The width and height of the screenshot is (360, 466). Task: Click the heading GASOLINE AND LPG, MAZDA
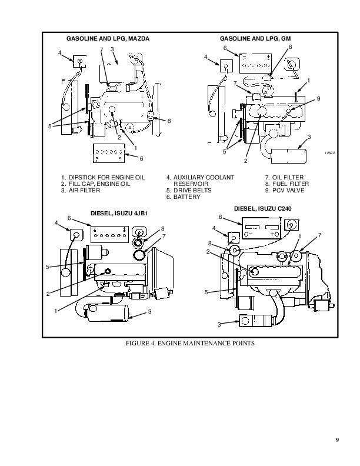pos(108,39)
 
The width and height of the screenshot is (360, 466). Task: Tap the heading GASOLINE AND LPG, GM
pos(255,39)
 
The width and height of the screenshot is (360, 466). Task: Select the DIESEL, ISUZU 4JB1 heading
pos(119,214)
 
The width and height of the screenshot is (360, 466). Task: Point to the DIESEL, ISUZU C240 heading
pos(263,209)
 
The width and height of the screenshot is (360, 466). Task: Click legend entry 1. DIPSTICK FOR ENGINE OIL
pos(103,178)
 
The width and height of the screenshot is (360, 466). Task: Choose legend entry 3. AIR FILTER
pos(81,190)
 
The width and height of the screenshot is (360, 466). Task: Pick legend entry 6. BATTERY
pos(184,197)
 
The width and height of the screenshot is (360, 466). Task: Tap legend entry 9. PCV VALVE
pos(285,190)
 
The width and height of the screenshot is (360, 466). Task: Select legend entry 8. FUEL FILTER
pos(287,184)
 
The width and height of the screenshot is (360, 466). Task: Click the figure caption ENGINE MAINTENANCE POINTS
pos(206,343)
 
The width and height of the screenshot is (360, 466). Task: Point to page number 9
pos(337,440)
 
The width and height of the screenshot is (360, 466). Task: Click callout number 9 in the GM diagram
pos(318,99)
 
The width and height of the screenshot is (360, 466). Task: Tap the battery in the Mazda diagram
pos(109,153)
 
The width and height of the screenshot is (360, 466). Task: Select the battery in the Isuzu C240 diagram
pos(262,228)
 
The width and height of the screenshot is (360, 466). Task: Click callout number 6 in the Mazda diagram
pos(141,159)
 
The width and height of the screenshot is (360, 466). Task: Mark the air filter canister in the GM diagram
pos(288,156)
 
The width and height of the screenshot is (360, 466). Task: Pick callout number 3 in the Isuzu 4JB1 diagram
pos(149,311)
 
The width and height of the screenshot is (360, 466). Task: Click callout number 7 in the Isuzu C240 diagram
pos(319,235)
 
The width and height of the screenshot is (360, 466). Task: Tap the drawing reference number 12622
pos(329,153)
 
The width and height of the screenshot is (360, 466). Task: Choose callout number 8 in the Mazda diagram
pos(169,121)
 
